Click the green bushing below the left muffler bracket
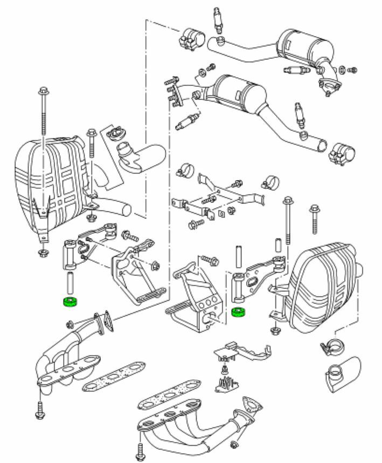70,302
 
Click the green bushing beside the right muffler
238,312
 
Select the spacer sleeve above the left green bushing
70,283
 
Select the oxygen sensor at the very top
218,14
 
